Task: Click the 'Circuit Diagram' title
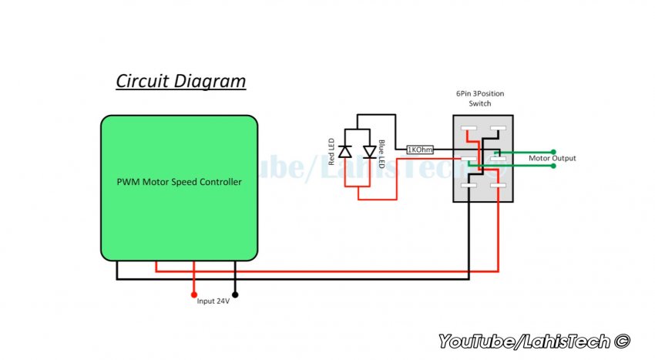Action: [x=181, y=81]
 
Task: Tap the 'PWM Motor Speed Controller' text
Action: [x=179, y=183]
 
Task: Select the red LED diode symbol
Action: [x=345, y=153]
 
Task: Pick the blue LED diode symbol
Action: [x=369, y=153]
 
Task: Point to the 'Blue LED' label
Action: [x=381, y=153]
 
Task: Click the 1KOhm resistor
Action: [x=420, y=150]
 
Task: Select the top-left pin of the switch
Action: [x=469, y=129]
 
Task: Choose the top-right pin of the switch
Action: [x=498, y=129]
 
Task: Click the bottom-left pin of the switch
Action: [x=469, y=186]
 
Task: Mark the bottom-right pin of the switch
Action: [x=498, y=186]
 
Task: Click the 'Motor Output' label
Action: [x=552, y=159]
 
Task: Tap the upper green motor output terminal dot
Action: [x=553, y=152]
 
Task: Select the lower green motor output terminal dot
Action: [x=553, y=167]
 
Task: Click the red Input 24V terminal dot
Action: [x=193, y=294]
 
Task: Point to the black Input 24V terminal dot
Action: [x=235, y=294]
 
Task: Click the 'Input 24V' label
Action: [x=213, y=301]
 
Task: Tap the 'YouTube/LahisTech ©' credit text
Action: [x=534, y=341]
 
